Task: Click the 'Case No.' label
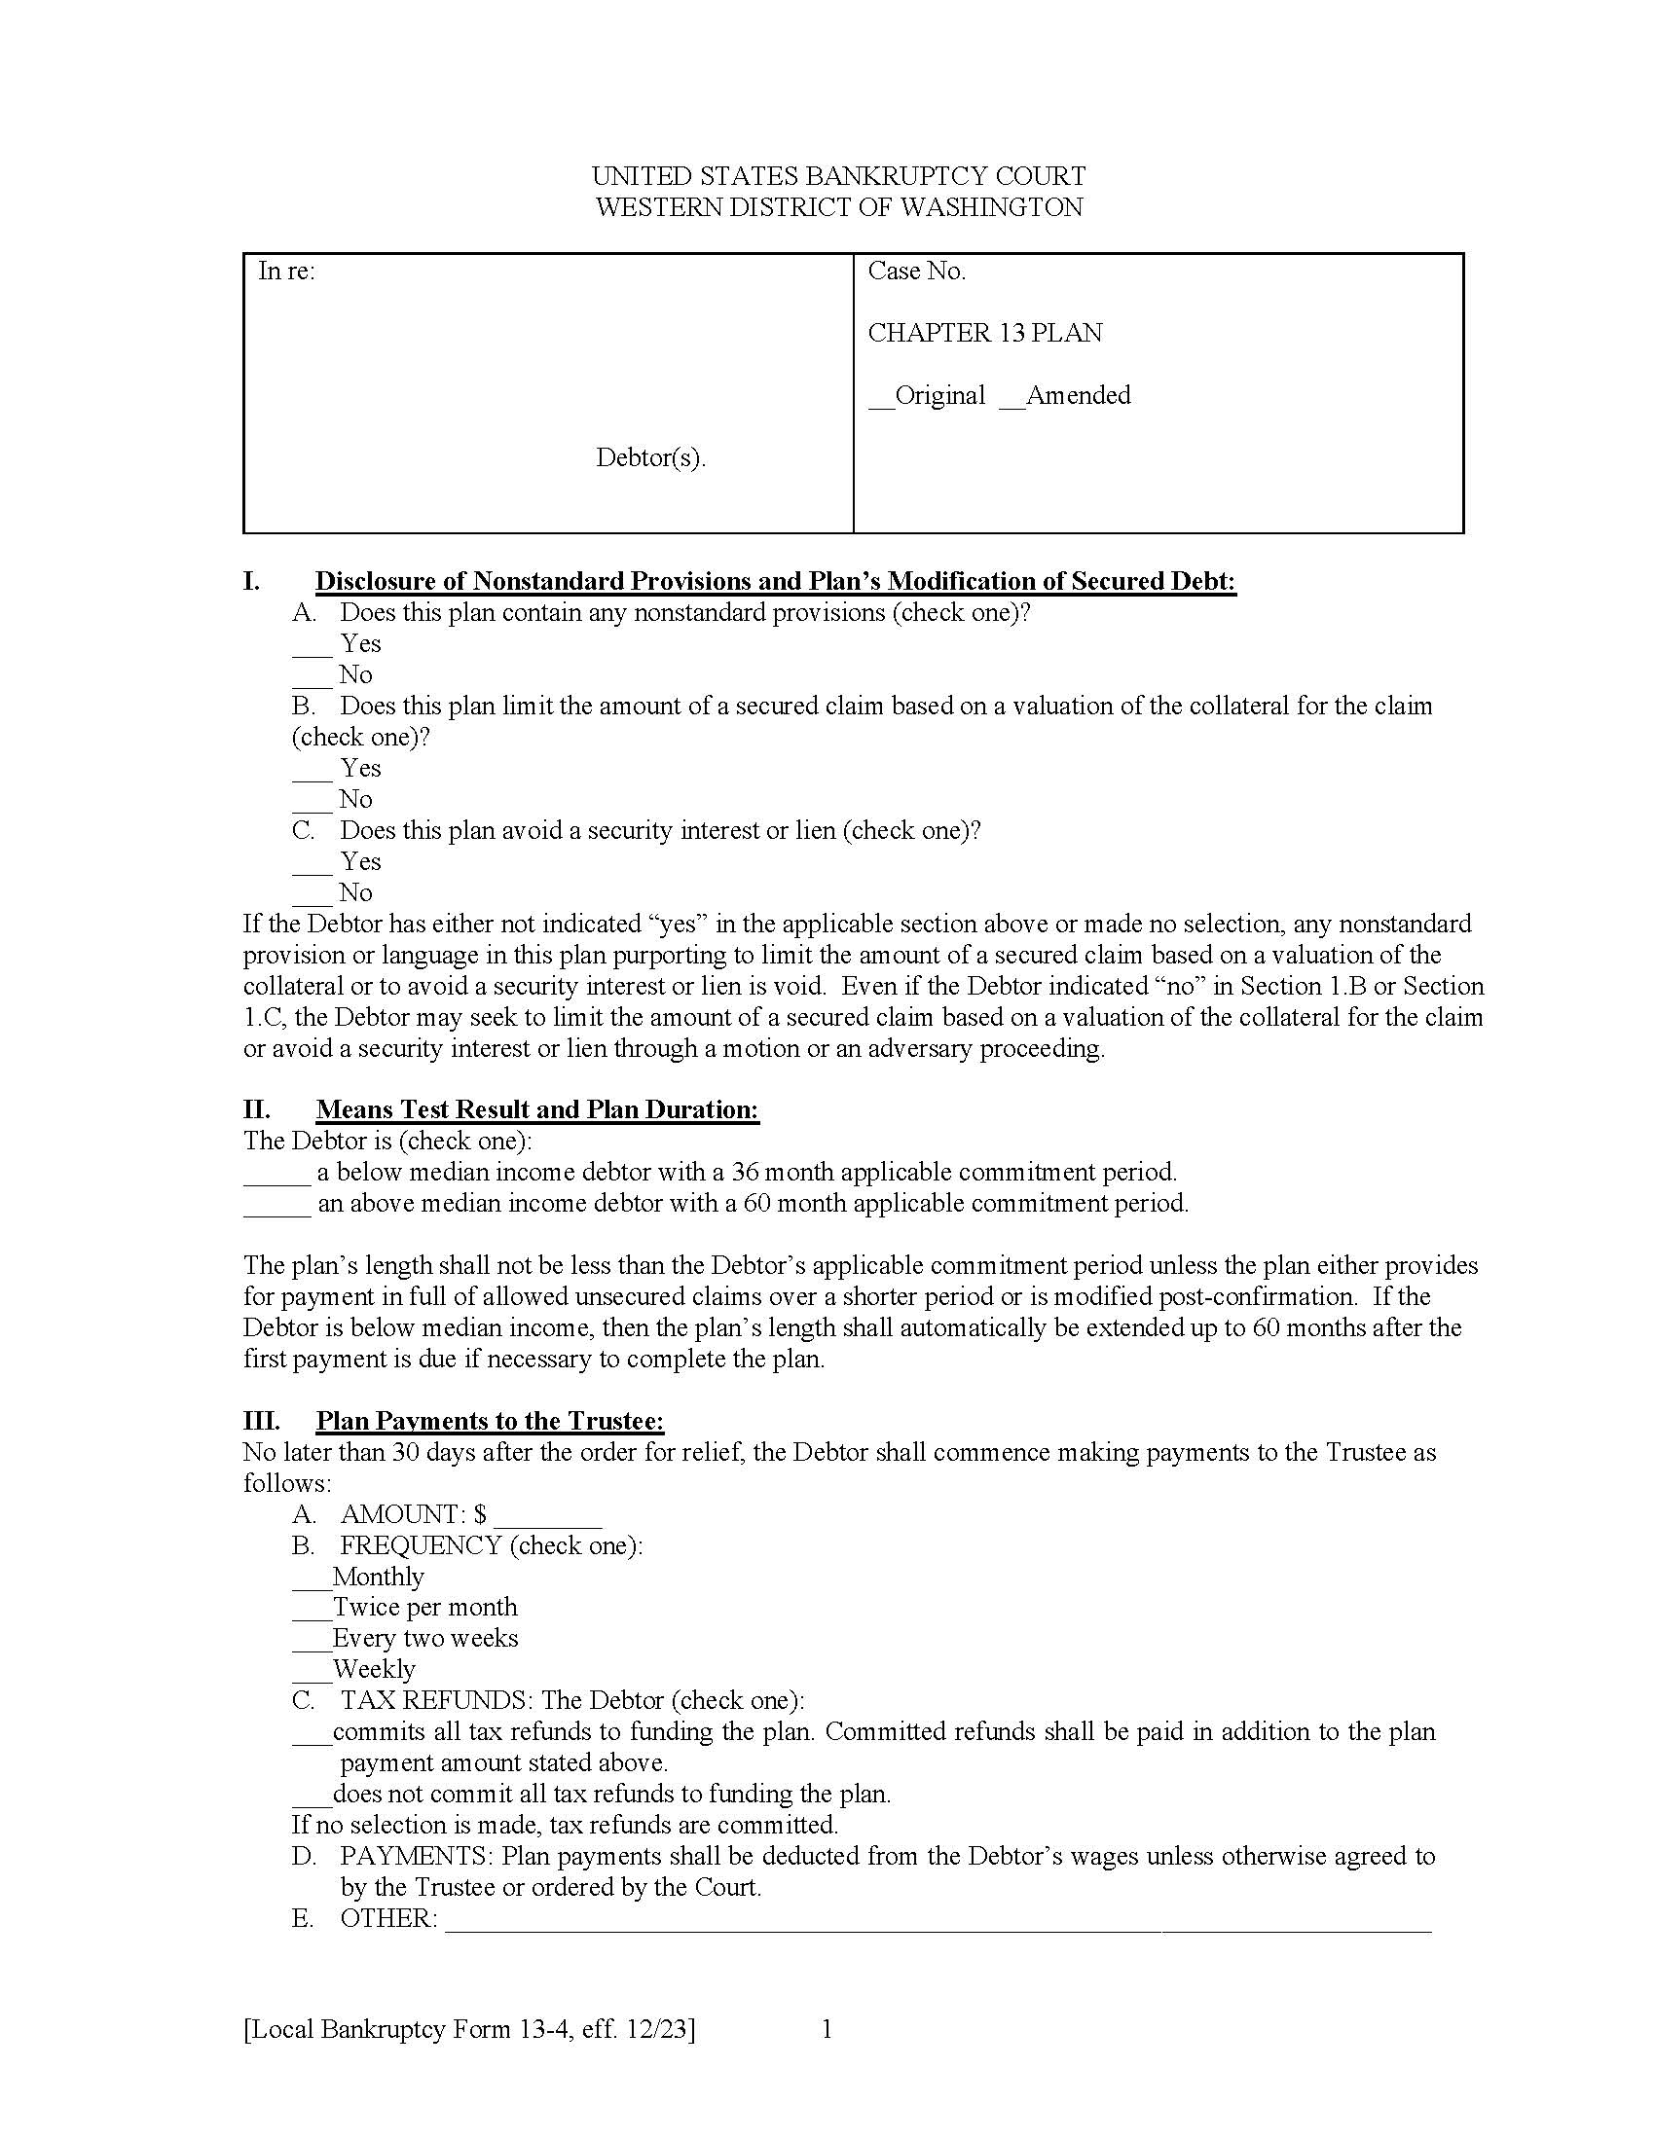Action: [x=916, y=272]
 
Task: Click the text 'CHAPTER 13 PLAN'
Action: [x=984, y=333]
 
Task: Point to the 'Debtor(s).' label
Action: [x=650, y=457]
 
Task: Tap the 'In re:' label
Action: [x=286, y=272]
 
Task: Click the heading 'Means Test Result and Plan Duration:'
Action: [x=537, y=1109]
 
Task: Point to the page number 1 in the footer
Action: [x=827, y=2029]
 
